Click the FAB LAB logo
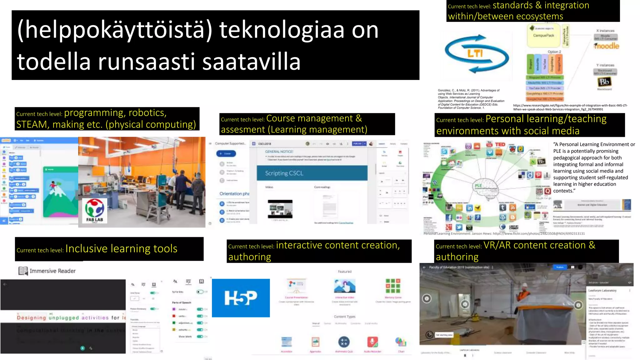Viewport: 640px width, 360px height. (95, 210)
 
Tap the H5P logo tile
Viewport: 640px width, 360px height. (241, 298)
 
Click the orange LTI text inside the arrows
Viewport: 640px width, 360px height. (475, 53)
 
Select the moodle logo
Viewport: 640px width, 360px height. (607, 46)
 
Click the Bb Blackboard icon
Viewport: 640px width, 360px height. (604, 82)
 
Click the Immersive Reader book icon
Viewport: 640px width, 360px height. (23, 271)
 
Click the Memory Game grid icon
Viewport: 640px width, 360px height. (393, 286)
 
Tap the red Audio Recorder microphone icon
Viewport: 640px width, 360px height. (372, 342)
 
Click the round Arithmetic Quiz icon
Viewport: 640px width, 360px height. (344, 342)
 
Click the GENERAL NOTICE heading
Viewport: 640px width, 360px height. (279, 152)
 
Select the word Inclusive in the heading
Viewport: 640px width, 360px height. (87, 249)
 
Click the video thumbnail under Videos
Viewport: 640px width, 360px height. (280, 209)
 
